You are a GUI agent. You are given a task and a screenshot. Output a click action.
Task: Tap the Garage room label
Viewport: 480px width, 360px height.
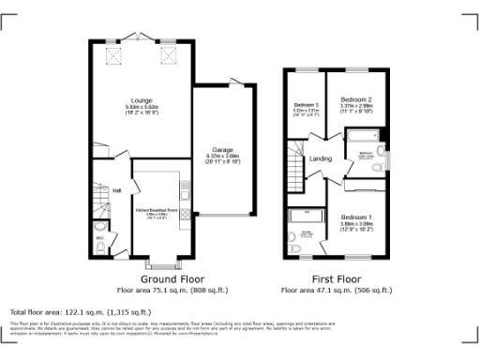222,149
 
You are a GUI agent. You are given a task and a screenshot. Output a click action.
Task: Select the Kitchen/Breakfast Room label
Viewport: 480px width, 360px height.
157,210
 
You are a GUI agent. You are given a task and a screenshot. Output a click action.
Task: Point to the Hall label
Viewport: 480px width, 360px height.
117,191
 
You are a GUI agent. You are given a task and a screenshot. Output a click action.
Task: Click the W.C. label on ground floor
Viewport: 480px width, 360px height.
98,237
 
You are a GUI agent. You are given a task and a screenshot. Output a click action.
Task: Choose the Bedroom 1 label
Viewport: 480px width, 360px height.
355,217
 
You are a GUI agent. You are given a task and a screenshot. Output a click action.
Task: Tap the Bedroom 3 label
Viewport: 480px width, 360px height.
307,104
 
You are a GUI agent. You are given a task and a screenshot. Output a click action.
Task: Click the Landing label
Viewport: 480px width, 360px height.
321,158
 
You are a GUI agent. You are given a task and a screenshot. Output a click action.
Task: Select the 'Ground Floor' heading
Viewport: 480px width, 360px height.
167,279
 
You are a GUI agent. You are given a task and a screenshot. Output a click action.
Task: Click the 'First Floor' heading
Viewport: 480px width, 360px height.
337,279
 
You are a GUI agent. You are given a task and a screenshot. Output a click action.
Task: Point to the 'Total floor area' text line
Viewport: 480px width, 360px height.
80,311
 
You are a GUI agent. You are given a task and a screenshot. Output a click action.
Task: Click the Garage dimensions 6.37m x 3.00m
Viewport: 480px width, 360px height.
222,159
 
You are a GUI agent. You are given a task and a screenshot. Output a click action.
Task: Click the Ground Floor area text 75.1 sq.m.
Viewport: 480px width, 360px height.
167,291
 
